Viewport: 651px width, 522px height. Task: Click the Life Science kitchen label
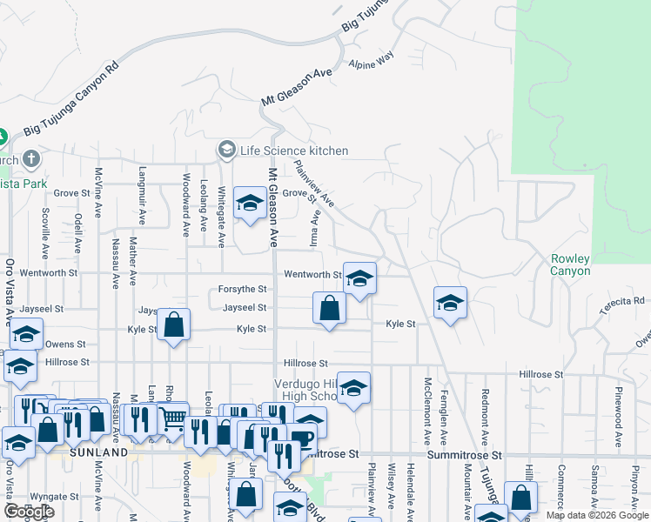point(293,151)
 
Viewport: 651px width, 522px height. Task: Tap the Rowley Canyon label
point(570,264)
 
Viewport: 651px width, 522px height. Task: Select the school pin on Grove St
point(251,204)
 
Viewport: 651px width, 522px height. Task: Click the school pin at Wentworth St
point(359,279)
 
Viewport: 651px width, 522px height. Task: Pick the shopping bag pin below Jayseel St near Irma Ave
point(329,308)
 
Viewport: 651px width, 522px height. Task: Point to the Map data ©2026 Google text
point(597,514)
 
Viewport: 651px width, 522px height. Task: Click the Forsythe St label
point(243,289)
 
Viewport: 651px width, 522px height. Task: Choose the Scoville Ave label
point(44,230)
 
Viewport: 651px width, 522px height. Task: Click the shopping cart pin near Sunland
point(173,418)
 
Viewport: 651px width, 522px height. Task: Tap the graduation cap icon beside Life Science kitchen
point(228,151)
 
